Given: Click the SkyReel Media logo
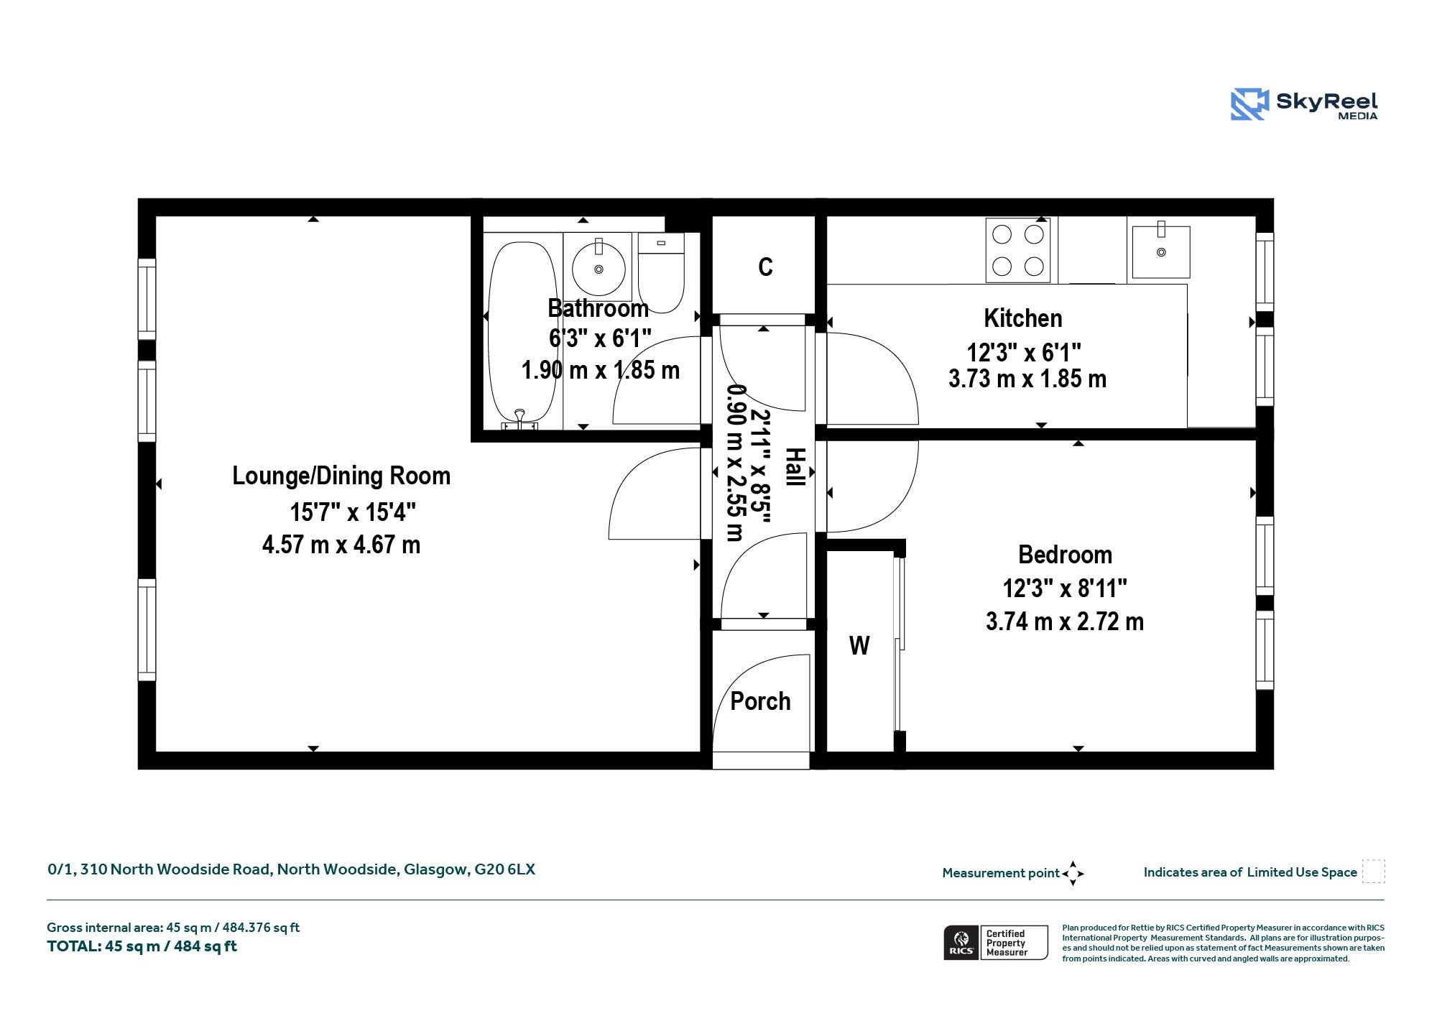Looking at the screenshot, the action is [x=1304, y=105].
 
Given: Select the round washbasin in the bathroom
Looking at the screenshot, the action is [x=598, y=269].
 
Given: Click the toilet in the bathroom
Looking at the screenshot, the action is [x=661, y=272].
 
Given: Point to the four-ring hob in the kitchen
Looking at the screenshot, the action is [x=1017, y=250].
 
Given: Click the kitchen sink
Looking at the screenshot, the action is [x=1161, y=251].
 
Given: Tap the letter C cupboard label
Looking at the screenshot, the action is [x=765, y=267].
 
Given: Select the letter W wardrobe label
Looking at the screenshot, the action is [x=859, y=646].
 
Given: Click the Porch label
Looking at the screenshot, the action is [x=760, y=701].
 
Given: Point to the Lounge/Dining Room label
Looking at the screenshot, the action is [x=341, y=476].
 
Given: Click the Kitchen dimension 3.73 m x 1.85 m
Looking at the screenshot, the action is [x=1027, y=379].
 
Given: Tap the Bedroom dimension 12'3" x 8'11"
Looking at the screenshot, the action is [x=1065, y=588].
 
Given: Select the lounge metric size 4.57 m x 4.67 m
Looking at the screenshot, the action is [x=341, y=545].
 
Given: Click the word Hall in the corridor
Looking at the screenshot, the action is [x=795, y=467].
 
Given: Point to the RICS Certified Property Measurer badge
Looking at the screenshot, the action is [x=996, y=943].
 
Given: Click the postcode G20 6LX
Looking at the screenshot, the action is [x=504, y=869].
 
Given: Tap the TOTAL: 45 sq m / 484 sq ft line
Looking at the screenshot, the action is [x=142, y=946].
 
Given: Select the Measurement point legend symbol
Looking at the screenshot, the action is [x=1073, y=874].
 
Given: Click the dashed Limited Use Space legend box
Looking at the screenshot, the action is [x=1373, y=872].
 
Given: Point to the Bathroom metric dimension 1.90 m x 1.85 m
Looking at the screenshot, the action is [x=601, y=370].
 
